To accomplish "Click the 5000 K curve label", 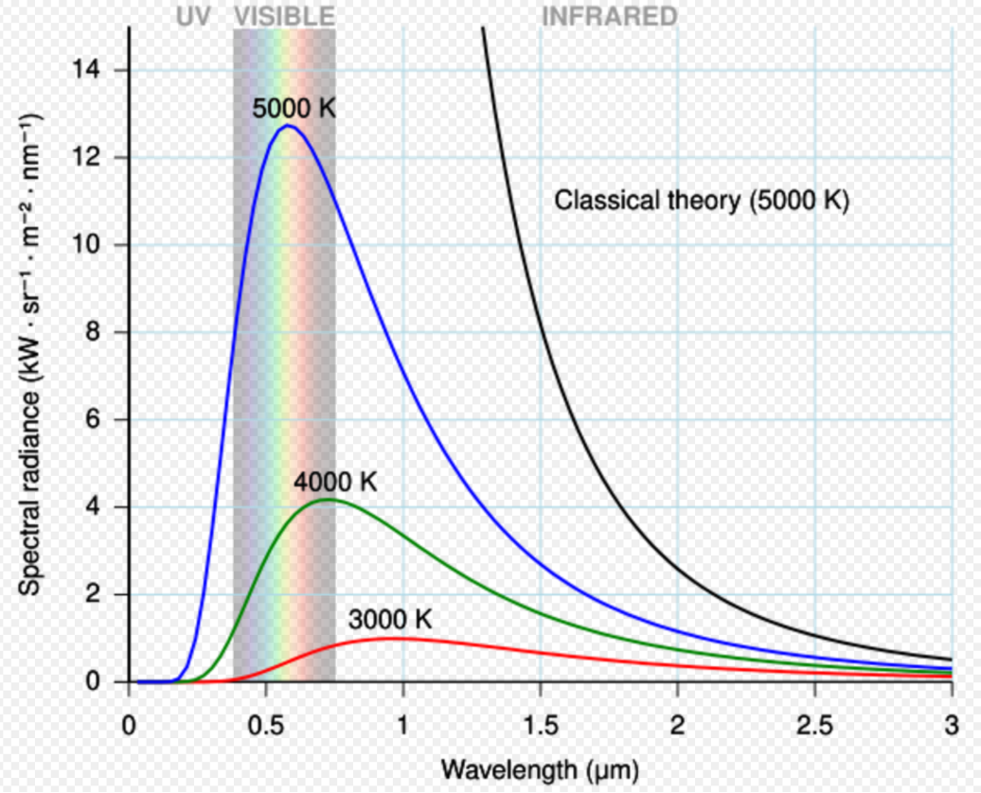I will point(294,109).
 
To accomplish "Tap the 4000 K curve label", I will point(335,482).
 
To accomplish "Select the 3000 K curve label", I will point(390,621).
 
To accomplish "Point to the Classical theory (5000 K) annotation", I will point(702,201).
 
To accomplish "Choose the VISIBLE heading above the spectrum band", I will point(284,15).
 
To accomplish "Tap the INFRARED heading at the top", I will point(609,15).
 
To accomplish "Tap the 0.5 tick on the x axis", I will point(266,727).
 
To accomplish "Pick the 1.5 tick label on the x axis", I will point(540,727).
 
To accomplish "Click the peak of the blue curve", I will point(288,125).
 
